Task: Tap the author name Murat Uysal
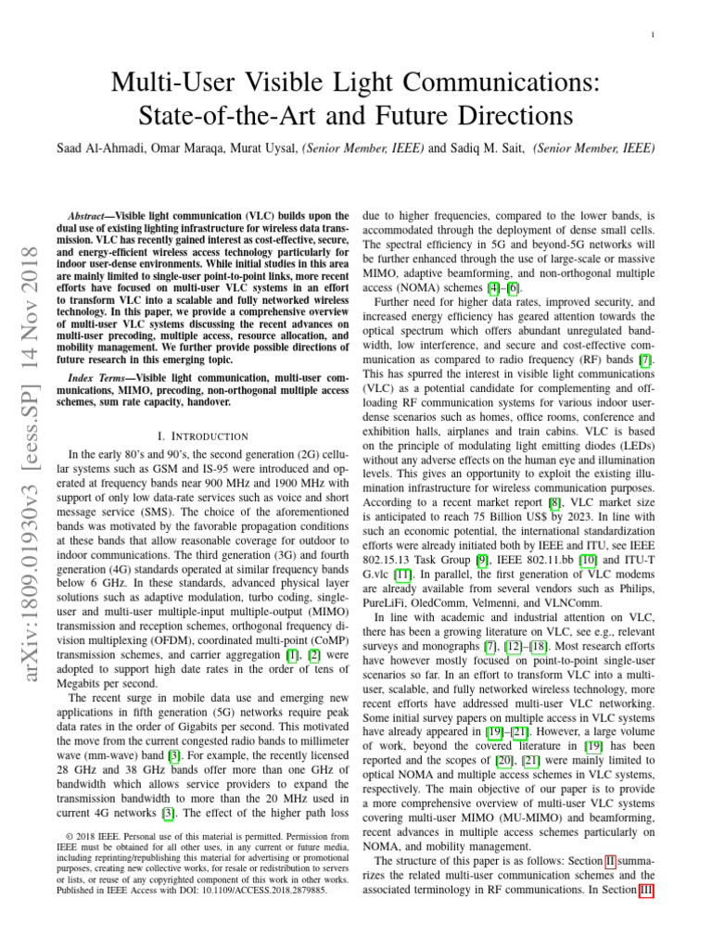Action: click(x=258, y=147)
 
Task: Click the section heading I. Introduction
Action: click(x=201, y=436)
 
